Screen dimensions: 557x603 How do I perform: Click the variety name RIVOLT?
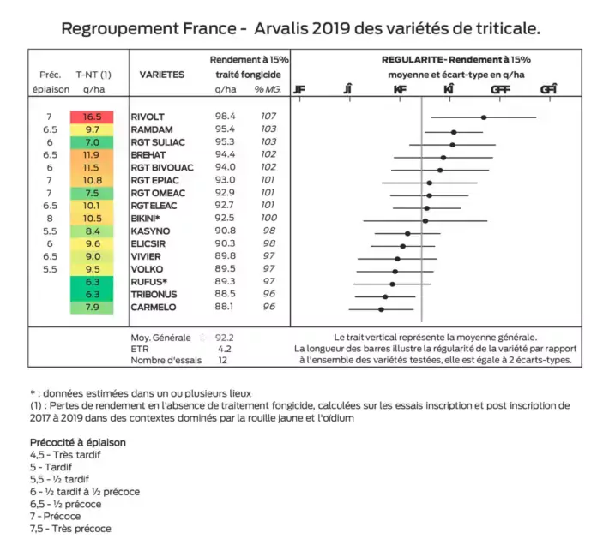(x=148, y=117)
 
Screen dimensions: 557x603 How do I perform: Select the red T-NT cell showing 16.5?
(x=93, y=117)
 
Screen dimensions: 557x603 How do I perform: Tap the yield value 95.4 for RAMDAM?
(x=226, y=129)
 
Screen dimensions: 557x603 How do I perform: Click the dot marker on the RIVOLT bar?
(x=484, y=117)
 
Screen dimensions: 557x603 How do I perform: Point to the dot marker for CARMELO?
(x=381, y=308)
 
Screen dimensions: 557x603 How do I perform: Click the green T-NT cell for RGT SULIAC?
(x=93, y=142)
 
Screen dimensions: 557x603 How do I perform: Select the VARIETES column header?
(x=161, y=75)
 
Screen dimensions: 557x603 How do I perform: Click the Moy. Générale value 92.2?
(x=226, y=338)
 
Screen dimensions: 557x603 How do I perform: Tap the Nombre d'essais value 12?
(x=223, y=360)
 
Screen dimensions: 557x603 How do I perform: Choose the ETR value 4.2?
(x=225, y=349)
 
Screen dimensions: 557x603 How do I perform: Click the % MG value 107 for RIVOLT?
(x=268, y=117)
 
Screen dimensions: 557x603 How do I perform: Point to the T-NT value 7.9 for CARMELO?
(x=93, y=307)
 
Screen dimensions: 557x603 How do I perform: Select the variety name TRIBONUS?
(x=153, y=295)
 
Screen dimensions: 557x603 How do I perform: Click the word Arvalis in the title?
(x=291, y=28)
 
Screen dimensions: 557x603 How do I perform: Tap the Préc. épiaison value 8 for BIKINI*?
(x=50, y=219)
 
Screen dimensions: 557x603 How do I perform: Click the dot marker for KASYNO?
(x=407, y=232)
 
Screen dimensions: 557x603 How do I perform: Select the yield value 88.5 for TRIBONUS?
(x=226, y=295)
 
